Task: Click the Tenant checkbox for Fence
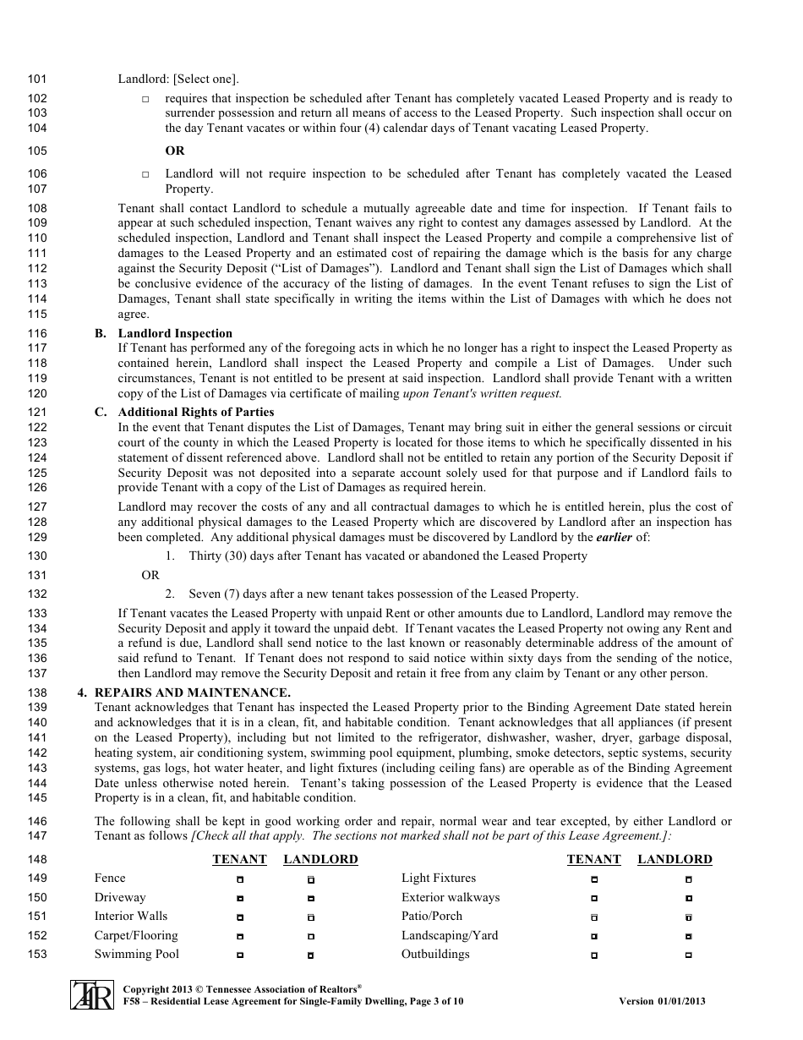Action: tap(240, 879)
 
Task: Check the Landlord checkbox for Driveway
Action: tap(311, 898)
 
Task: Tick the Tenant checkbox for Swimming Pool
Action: tap(240, 955)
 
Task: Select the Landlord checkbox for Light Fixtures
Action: tap(689, 879)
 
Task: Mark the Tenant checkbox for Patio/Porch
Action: tap(594, 917)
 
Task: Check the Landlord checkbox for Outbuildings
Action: tap(689, 955)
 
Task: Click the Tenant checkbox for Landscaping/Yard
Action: tap(594, 937)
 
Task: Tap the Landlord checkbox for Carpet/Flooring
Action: tap(311, 937)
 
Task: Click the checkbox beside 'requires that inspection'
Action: tap(145, 100)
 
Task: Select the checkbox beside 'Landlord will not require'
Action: tap(145, 175)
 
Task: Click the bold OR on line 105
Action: tap(175, 151)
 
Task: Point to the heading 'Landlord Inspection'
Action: tap(175, 333)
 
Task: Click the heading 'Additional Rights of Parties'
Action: tap(196, 412)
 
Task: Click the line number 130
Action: tap(37, 556)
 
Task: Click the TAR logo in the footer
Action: tap(91, 995)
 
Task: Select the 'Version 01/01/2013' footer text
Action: tap(662, 1002)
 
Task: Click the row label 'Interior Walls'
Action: tap(131, 917)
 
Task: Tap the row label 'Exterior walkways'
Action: tap(451, 897)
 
